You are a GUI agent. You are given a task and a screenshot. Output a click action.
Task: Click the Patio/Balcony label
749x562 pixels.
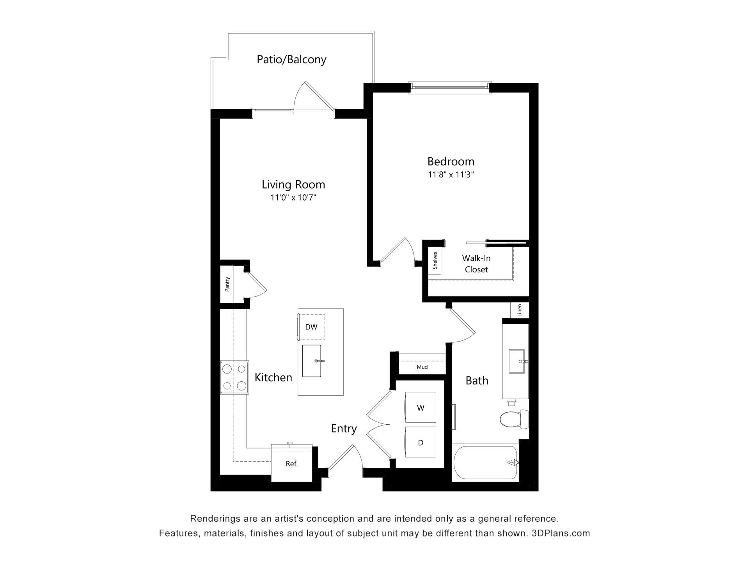(x=291, y=60)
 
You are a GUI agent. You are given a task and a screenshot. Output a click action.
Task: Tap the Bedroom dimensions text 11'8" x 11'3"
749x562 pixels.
(x=451, y=174)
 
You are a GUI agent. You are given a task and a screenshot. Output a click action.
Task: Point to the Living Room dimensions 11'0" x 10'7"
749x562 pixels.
(x=293, y=197)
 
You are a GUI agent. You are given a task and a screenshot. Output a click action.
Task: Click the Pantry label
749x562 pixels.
(x=227, y=284)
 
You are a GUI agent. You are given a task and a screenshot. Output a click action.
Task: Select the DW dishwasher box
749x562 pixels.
(x=311, y=327)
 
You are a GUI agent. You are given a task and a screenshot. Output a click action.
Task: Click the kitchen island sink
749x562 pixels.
(x=312, y=361)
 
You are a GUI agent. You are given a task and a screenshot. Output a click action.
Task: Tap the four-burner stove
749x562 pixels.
(x=234, y=377)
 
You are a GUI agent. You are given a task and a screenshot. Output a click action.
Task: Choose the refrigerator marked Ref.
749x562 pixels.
(x=292, y=464)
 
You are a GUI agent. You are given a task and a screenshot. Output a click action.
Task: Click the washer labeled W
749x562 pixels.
(x=421, y=407)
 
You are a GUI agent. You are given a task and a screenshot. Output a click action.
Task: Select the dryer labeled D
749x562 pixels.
(x=421, y=442)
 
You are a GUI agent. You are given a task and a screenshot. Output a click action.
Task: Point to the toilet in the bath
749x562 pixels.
(x=514, y=419)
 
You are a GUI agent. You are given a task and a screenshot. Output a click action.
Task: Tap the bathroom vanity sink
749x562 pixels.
(x=518, y=361)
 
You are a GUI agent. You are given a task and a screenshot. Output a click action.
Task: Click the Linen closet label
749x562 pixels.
(x=520, y=311)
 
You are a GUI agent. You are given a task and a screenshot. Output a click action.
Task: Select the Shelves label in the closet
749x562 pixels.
(x=435, y=261)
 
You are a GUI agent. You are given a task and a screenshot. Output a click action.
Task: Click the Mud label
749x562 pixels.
(x=422, y=367)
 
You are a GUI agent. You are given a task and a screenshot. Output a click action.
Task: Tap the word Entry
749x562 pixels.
(x=344, y=429)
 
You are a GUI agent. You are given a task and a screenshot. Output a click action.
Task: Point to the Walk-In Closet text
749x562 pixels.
(x=476, y=264)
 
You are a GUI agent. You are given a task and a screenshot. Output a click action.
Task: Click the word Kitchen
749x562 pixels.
(x=273, y=377)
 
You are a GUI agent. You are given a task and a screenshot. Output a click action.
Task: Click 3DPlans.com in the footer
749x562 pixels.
(x=561, y=533)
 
